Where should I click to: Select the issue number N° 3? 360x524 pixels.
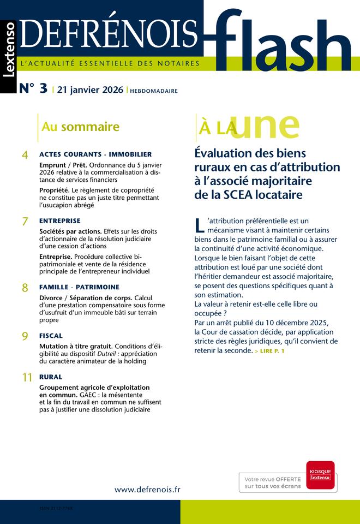tap(33, 90)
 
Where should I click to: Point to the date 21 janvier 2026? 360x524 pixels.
tap(90, 90)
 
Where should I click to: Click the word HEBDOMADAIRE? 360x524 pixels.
tap(153, 91)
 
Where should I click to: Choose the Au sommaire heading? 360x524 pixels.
tap(80, 127)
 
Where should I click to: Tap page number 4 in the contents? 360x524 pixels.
tap(25, 156)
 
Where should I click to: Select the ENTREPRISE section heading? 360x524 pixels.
tap(60, 221)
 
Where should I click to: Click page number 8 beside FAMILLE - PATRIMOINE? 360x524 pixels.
tap(25, 288)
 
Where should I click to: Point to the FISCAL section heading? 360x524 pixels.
tap(51, 336)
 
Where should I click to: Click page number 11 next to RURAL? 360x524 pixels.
tap(27, 378)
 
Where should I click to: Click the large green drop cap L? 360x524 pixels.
tap(199, 225)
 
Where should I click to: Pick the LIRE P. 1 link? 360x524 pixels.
tap(269, 351)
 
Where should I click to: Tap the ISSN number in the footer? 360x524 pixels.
tap(56, 508)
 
